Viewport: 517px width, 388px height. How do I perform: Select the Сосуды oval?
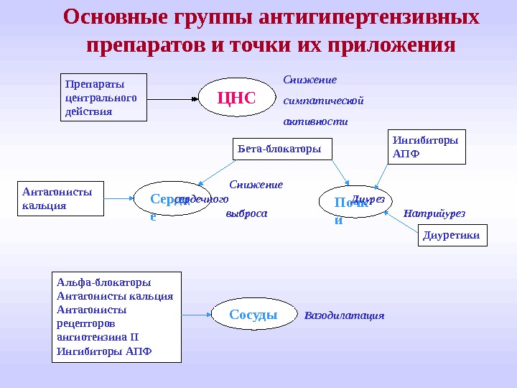click(254, 314)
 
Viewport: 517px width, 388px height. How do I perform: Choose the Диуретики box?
click(452, 235)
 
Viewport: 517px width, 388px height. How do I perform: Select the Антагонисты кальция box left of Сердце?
click(60, 198)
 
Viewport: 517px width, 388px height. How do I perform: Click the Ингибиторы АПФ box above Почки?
click(426, 147)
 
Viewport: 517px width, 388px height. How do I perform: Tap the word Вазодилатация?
click(345, 315)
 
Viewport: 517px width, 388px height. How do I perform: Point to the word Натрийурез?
click(434, 213)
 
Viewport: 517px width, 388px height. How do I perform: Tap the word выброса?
click(246, 213)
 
